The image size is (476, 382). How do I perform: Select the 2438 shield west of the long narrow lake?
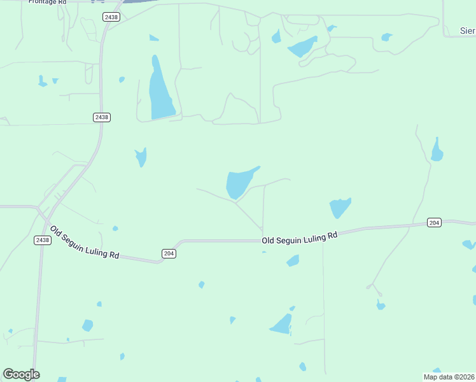tap(101, 117)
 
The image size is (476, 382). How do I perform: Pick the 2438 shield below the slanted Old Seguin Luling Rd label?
tap(42, 240)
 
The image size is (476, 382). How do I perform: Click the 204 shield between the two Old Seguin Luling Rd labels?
tap(169, 253)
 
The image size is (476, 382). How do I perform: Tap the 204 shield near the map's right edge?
tap(434, 222)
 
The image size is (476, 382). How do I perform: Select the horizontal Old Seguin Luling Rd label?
tap(299, 238)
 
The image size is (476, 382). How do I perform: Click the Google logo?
tap(21, 374)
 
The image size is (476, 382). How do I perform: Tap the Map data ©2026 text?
tap(449, 377)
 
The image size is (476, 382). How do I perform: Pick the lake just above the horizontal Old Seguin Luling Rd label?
tap(339, 208)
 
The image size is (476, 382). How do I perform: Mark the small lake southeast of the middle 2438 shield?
tap(141, 157)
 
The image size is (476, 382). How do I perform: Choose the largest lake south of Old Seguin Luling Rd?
tap(282, 325)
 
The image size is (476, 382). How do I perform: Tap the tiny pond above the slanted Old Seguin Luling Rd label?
tap(115, 229)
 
